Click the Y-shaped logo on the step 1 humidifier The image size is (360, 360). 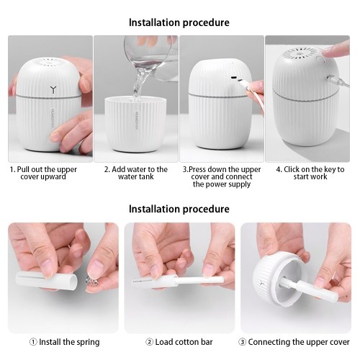tap(53, 89)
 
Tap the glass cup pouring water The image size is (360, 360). tap(151, 58)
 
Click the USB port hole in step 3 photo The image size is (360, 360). tap(233, 78)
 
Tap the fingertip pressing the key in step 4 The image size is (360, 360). tap(327, 53)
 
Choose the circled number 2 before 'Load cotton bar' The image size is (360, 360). tap(149, 342)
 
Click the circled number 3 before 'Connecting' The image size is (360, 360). tap(242, 342)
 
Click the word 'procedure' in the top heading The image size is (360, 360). tap(206, 23)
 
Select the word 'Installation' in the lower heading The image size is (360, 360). tap(155, 209)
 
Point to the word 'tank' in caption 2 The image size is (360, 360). tap(145, 177)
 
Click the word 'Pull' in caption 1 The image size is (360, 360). tap(22, 169)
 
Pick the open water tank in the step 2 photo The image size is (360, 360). tap(135, 125)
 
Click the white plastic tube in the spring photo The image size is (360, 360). tap(46, 280)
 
